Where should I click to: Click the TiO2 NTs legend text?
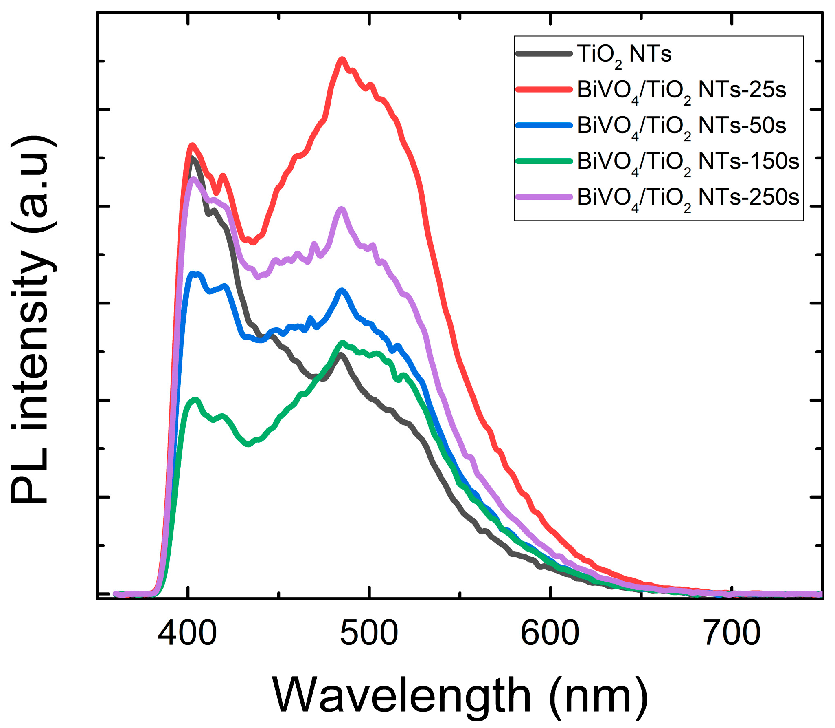[624, 55]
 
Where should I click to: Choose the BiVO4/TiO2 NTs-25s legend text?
[681, 90]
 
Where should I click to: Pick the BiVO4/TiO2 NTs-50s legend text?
[681, 126]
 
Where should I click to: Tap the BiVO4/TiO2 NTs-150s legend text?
[688, 162]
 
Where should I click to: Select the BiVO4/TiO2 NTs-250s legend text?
[688, 198]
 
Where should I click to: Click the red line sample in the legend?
[544, 89]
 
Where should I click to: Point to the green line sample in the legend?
[544, 161]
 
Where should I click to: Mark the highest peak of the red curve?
[342, 60]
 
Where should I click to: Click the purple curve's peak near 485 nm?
[342, 210]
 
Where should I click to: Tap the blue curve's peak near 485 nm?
[342, 291]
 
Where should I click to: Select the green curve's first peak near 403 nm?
[195, 400]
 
